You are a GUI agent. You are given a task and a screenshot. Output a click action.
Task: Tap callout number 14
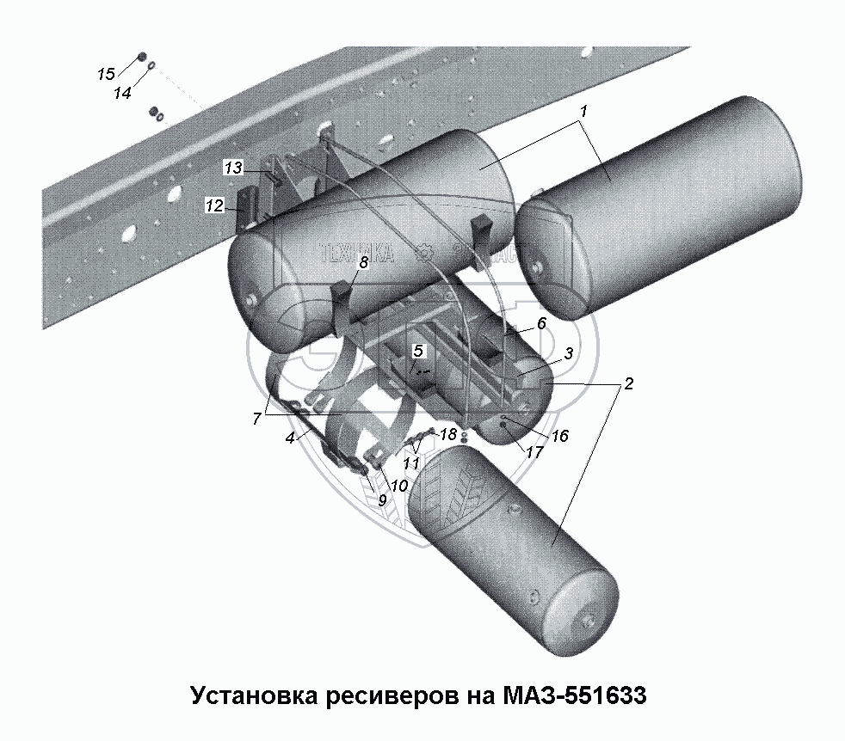click(x=123, y=92)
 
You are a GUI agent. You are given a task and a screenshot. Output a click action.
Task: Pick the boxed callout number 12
click(x=214, y=205)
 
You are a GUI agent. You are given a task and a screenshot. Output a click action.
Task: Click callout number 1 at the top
click(x=583, y=112)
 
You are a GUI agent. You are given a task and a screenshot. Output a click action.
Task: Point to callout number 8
click(x=364, y=264)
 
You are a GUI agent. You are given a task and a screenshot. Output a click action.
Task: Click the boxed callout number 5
click(x=418, y=350)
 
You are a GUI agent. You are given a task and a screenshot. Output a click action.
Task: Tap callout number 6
click(x=540, y=323)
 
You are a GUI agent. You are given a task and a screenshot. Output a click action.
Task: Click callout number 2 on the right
click(x=629, y=383)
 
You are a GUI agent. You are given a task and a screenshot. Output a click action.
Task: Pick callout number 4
click(x=291, y=438)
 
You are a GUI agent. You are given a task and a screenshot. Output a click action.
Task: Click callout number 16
click(x=559, y=437)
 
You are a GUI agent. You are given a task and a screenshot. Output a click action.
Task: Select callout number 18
click(x=447, y=434)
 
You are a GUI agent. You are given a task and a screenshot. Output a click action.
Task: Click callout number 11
click(x=412, y=462)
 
